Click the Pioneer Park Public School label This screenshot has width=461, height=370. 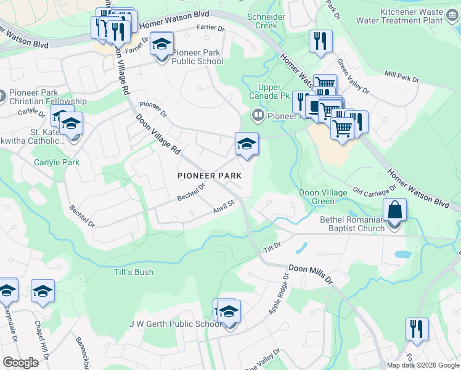coord(197,57)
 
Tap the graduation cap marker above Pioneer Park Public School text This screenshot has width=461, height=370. coord(162,45)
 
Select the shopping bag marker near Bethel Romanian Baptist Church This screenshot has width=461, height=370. coord(394,211)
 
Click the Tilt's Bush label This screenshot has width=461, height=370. coord(133,272)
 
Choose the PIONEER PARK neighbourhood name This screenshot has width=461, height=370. coord(210,176)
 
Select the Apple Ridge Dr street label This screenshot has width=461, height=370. coord(278,294)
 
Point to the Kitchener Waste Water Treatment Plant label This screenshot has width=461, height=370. coord(403,16)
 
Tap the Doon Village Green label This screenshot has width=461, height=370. coord(325,197)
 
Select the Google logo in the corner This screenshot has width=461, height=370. coord(20,363)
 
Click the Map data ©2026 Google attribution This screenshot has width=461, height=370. coord(422,365)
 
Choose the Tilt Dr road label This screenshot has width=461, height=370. coord(272,246)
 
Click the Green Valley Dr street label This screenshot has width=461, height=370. coord(352,76)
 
